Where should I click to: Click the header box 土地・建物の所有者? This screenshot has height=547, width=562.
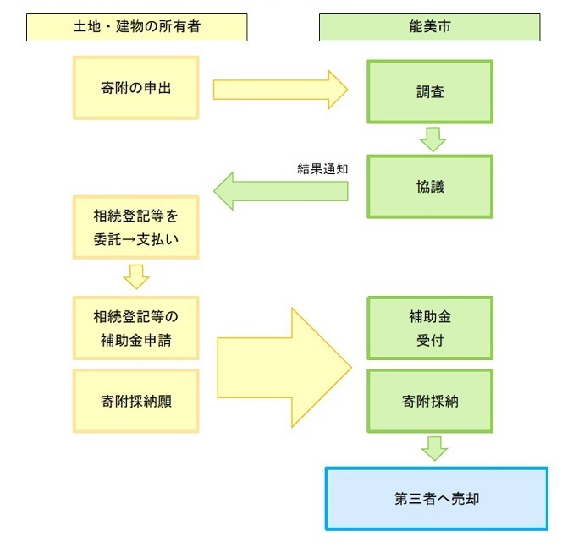click(136, 27)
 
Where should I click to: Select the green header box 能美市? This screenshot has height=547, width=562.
click(429, 27)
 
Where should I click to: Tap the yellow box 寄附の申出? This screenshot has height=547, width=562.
click(135, 87)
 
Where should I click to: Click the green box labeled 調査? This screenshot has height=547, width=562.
click(430, 92)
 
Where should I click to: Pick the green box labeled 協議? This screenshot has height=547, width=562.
click(430, 187)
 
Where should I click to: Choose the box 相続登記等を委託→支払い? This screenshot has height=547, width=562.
click(135, 227)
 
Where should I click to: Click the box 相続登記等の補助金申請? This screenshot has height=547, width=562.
click(135, 328)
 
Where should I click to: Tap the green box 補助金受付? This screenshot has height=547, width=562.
click(430, 328)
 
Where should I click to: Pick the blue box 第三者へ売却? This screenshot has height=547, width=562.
click(436, 498)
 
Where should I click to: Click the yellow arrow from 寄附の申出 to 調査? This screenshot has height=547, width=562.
click(279, 88)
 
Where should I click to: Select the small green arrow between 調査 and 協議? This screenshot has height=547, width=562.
click(433, 139)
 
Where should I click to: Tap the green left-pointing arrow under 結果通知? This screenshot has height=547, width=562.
click(279, 191)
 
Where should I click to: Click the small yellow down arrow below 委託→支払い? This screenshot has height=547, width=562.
click(136, 276)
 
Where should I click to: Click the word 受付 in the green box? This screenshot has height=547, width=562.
click(430, 342)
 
